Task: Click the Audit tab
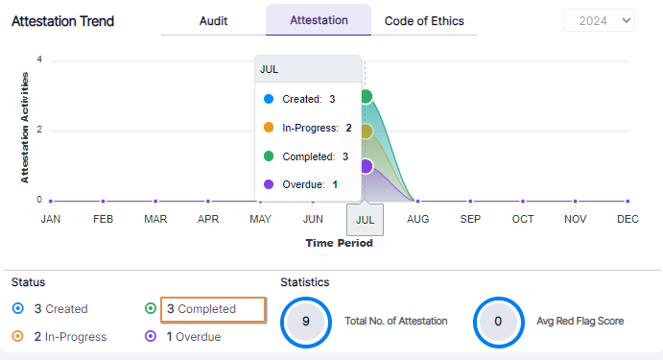213,20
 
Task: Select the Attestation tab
318,20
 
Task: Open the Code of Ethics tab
424,20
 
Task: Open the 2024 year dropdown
599,20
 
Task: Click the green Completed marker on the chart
365,96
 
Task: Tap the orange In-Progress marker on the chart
365,132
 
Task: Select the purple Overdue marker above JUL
365,166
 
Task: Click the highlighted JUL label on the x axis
365,219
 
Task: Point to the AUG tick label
416,219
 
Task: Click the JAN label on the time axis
51,219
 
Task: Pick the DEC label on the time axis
627,219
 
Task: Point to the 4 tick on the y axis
39,60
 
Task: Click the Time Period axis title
339,243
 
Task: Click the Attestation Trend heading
62,21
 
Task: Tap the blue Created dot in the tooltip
269,99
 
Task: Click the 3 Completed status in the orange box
212,309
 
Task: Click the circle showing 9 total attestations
305,322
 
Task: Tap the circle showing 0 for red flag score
498,322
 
